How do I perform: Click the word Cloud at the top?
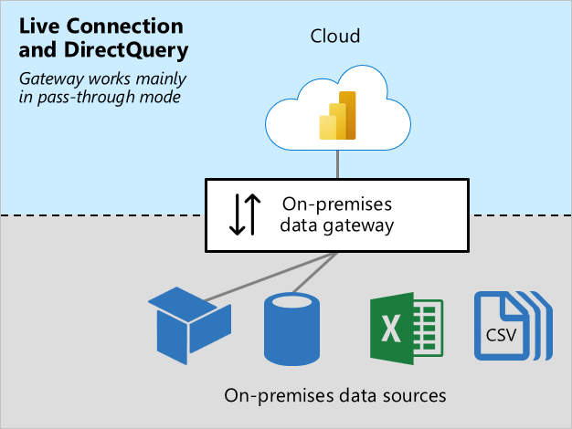(x=335, y=37)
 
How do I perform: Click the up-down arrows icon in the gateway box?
(x=245, y=214)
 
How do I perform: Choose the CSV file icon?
(x=507, y=325)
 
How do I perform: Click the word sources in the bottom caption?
(x=416, y=395)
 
